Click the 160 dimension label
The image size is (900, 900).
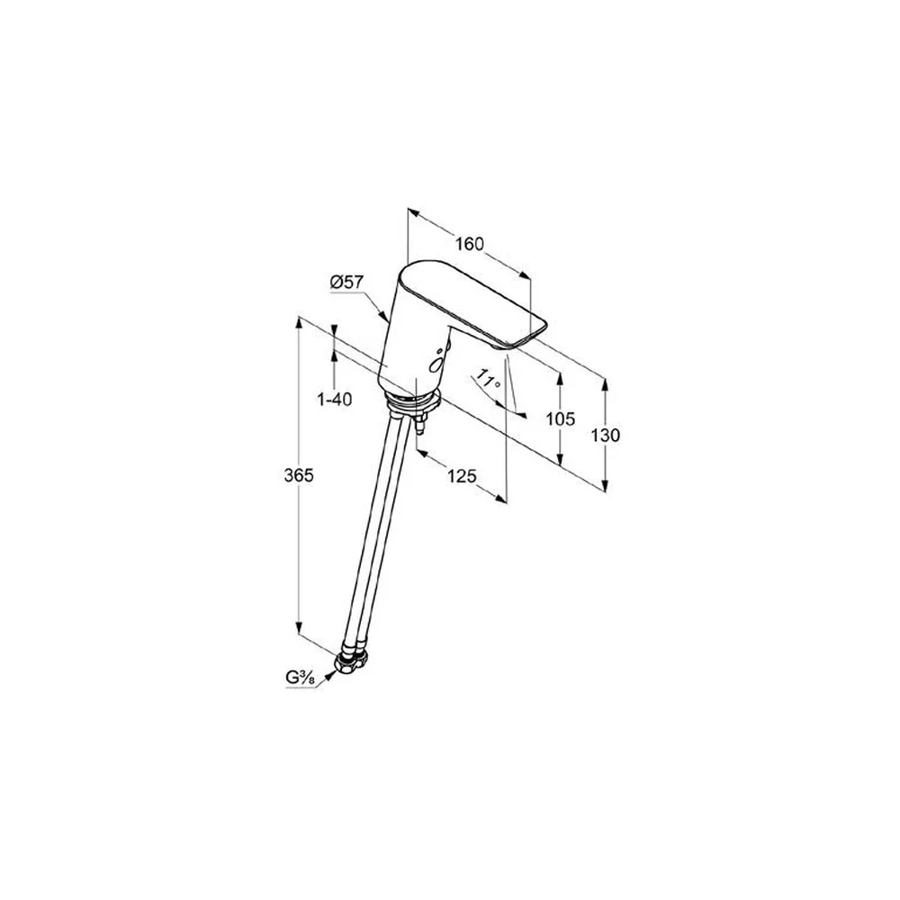click(x=470, y=244)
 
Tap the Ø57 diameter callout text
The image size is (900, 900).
click(x=347, y=282)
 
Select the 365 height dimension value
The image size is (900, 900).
click(x=299, y=475)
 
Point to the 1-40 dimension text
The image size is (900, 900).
click(x=335, y=399)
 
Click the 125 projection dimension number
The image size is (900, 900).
click(x=462, y=476)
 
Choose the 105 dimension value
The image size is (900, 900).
click(x=560, y=419)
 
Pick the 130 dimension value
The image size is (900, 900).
click(x=606, y=435)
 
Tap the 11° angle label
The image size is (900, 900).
click(x=489, y=380)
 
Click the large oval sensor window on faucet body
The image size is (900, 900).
click(x=436, y=364)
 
